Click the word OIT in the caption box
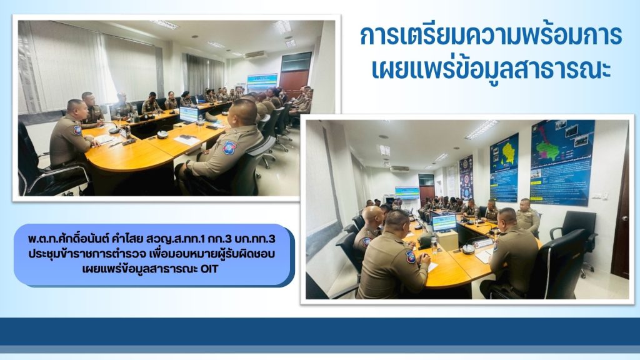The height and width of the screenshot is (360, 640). tap(210, 269)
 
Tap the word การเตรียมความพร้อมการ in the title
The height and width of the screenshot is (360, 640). tap(491, 36)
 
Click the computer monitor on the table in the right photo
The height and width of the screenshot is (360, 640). tap(444, 223)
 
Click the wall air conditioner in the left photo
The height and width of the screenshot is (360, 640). tap(255, 55)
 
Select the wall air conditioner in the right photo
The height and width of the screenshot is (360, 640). tap(399, 168)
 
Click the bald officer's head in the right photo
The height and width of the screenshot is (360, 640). tap(372, 216)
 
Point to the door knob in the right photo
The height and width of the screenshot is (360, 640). tap(625, 219)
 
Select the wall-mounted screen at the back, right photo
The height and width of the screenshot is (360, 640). tap(407, 192)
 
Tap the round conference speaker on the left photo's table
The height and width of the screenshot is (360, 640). tap(162, 134)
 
